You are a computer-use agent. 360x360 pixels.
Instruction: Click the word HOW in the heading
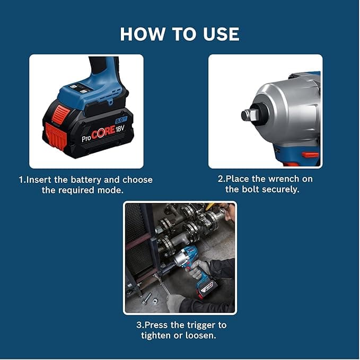(x=142, y=34)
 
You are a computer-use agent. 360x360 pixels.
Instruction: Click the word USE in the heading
(x=221, y=34)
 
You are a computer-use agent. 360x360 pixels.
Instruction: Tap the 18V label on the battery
(x=119, y=129)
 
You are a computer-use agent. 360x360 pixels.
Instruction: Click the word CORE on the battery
(x=103, y=133)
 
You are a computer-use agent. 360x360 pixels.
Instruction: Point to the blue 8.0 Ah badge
(x=121, y=120)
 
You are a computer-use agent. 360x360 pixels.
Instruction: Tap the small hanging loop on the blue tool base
(x=110, y=101)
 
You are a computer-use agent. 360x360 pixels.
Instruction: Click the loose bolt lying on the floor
(x=146, y=298)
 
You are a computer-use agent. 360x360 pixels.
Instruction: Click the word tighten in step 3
(x=156, y=336)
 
